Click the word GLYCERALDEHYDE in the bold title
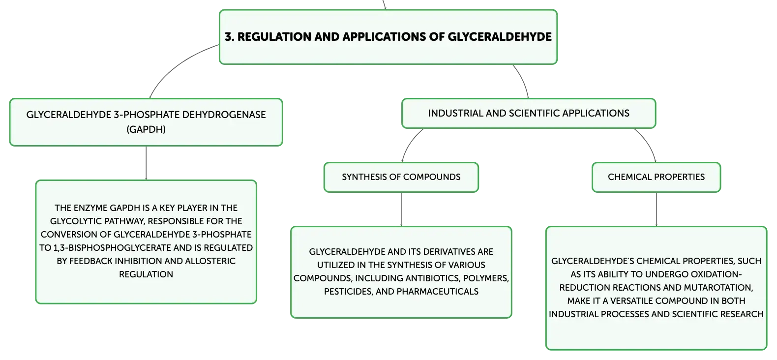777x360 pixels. (500, 37)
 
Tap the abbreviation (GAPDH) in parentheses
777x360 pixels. (146, 129)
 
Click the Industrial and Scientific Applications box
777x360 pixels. (529, 114)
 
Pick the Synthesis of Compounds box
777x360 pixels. (401, 177)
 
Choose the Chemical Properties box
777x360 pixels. (657, 177)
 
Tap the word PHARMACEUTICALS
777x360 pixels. (437, 291)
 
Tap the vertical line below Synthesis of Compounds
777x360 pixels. (401, 209)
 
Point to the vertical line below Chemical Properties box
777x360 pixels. (657, 209)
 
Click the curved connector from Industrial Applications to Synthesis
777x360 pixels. (409, 142)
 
